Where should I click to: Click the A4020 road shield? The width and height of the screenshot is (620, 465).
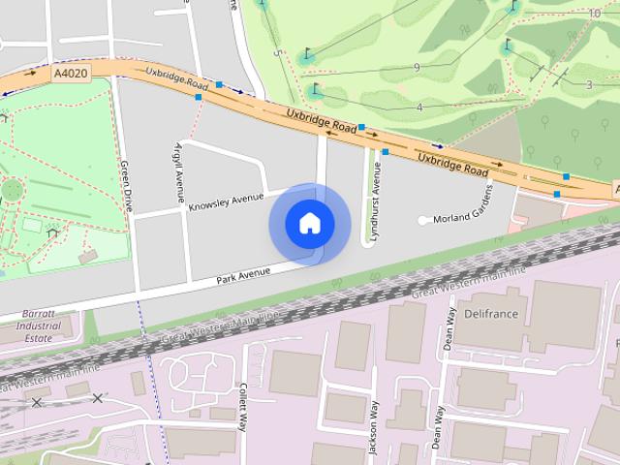click(x=71, y=73)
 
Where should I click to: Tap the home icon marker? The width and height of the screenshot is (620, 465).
click(x=309, y=223)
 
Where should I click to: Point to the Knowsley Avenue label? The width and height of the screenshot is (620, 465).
click(x=226, y=201)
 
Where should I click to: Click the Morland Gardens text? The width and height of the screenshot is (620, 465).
click(x=463, y=218)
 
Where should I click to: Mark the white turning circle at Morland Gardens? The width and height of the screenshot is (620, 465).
click(x=423, y=221)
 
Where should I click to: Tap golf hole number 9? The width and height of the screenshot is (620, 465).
click(x=416, y=67)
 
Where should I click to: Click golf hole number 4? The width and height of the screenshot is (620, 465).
click(x=419, y=107)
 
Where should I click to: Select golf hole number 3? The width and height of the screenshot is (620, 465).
click(x=588, y=85)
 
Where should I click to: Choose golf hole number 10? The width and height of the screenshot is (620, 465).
click(x=594, y=14)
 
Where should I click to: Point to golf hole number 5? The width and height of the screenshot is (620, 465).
click(x=277, y=52)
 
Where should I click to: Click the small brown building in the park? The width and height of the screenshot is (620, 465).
click(x=88, y=257)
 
